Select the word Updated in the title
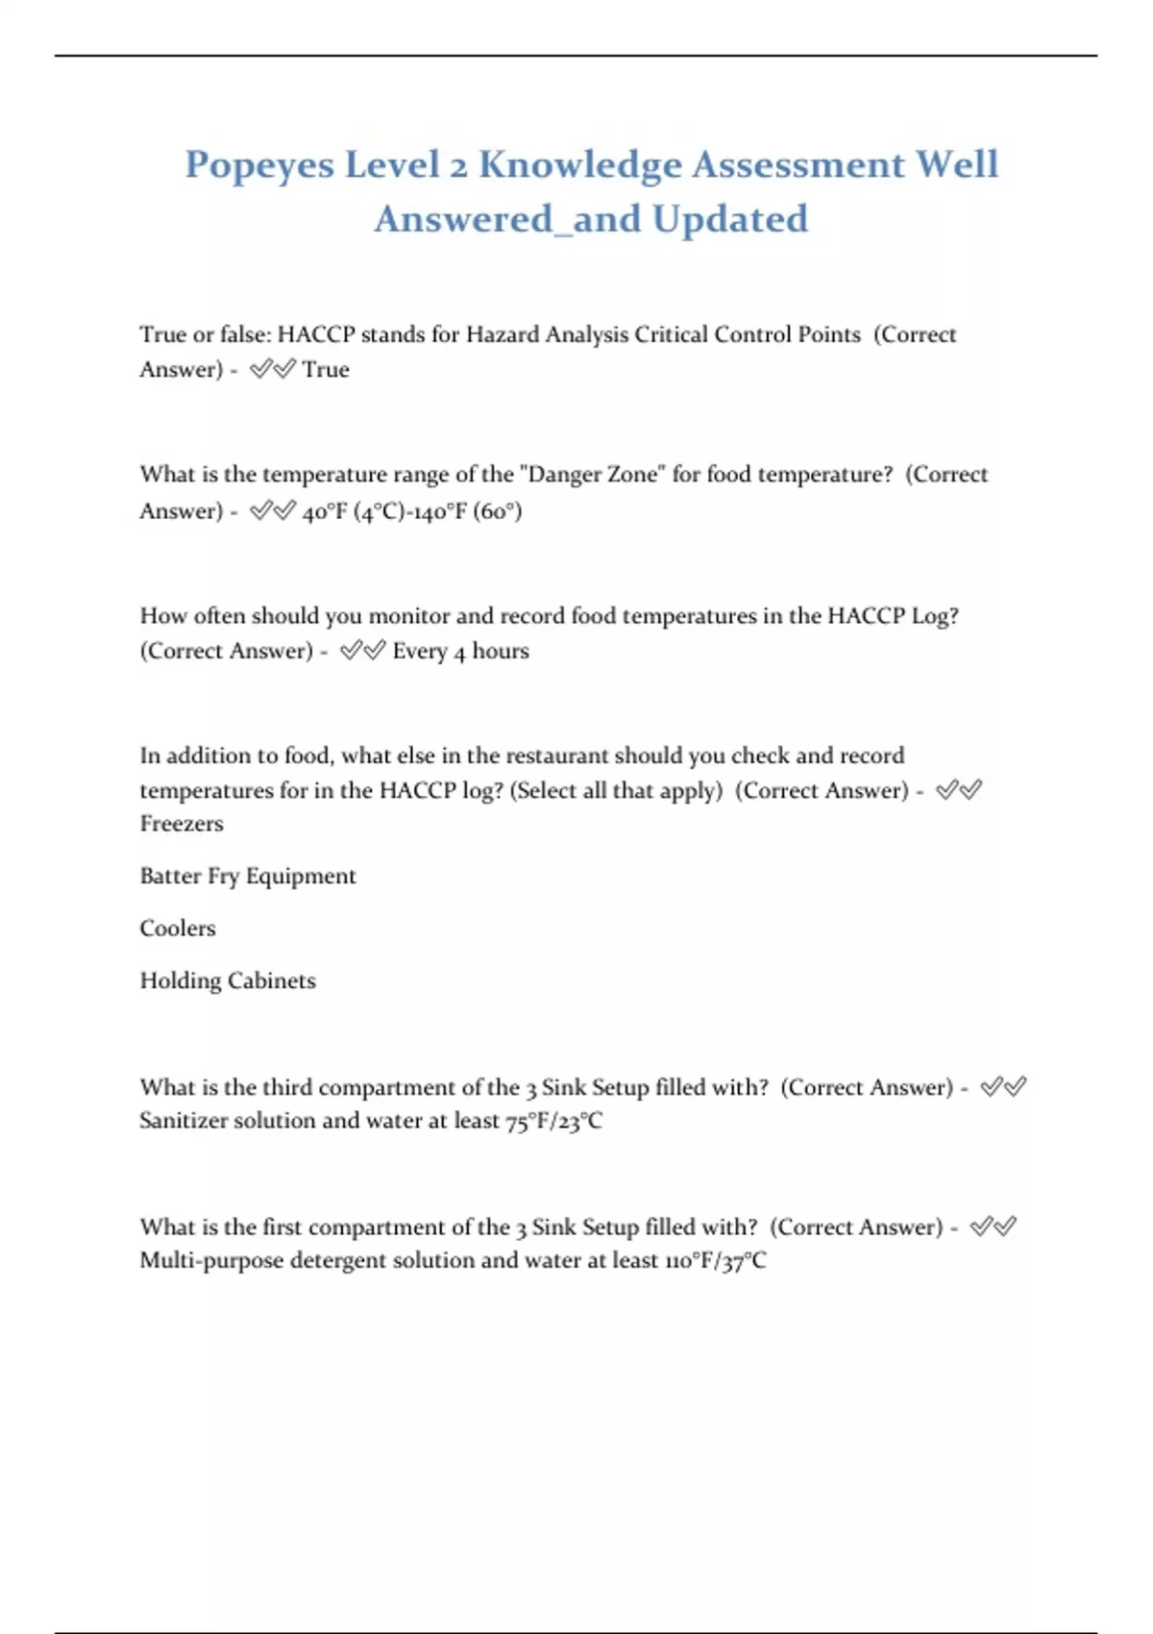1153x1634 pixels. coord(730,219)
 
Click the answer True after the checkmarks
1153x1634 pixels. coord(326,370)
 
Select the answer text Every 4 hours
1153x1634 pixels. coord(460,652)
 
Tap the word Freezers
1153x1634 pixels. coord(182,824)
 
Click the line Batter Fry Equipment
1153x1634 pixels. coord(248,877)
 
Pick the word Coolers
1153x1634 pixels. coord(178,928)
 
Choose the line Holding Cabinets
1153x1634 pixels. coord(228,981)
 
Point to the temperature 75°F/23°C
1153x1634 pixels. coord(554,1122)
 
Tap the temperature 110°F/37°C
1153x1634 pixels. coord(716,1261)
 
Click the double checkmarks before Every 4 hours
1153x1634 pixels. coord(362,652)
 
